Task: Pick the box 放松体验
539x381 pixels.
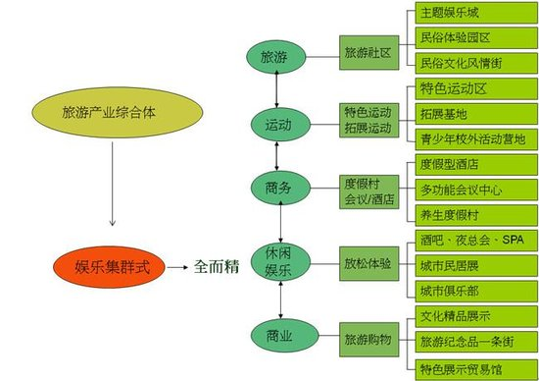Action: (367, 263)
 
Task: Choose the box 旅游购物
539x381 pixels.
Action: (367, 339)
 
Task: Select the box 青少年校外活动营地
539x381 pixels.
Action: (472, 139)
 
